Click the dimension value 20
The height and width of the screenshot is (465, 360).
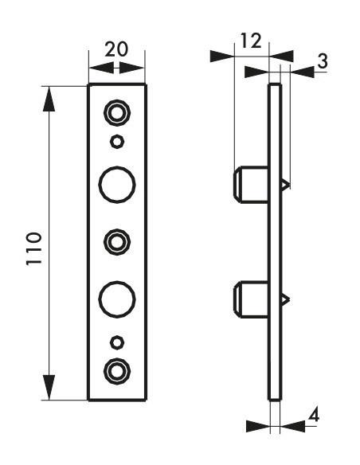pyautogui.click(x=116, y=49)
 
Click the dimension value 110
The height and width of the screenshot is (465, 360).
pyautogui.click(x=34, y=249)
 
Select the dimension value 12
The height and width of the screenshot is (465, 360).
pyautogui.click(x=251, y=41)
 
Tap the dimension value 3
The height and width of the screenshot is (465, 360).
pyautogui.click(x=323, y=61)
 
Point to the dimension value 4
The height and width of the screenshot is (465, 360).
pyautogui.click(x=314, y=415)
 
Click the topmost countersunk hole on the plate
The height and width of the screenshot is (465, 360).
pyautogui.click(x=117, y=113)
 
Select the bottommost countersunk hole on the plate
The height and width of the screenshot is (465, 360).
pyautogui.click(x=117, y=371)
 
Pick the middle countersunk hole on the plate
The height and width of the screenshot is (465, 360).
pyautogui.click(x=117, y=242)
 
